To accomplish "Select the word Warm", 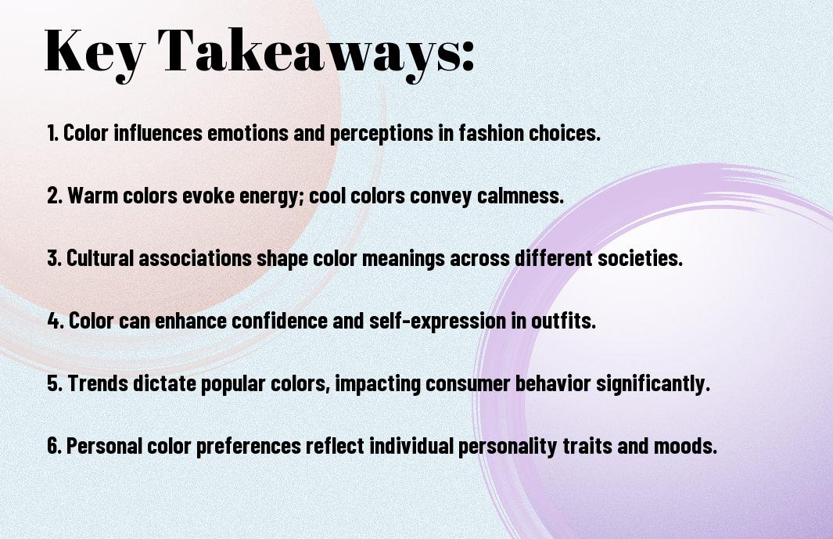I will pyautogui.click(x=94, y=196).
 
